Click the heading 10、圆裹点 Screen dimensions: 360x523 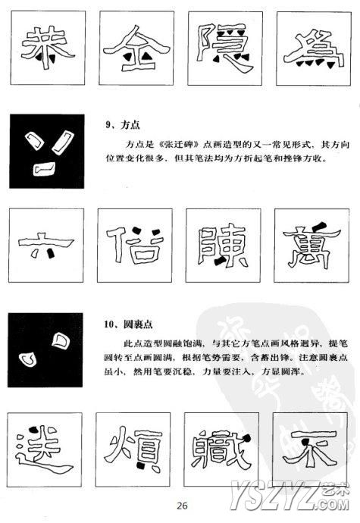tap(128, 324)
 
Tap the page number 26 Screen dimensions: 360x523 tap(182, 506)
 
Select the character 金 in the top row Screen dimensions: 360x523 tap(136, 49)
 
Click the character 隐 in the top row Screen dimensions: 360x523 tap(225, 48)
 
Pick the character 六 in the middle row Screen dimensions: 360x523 tap(46, 245)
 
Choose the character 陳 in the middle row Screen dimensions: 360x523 tap(223, 246)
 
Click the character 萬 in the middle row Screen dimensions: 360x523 tap(311, 245)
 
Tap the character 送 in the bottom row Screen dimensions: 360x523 tap(45, 449)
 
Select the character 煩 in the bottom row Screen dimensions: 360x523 tap(133, 449)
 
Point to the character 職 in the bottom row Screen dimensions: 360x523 tap(221, 449)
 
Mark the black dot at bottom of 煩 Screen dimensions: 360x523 tap(141, 465)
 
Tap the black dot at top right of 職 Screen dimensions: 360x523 tap(247, 439)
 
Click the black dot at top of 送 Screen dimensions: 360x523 tap(33, 429)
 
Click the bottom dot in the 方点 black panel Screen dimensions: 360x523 tap(44, 169)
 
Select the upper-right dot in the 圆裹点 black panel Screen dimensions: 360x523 tap(61, 341)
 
